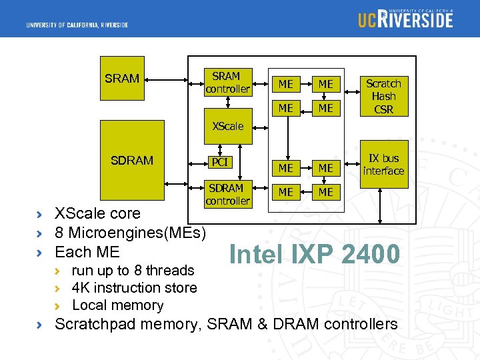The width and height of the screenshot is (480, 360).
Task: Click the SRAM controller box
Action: click(227, 83)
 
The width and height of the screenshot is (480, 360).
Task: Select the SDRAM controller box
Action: click(227, 194)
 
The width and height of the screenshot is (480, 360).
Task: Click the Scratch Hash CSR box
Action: click(383, 96)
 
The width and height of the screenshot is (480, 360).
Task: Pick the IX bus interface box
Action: click(383, 164)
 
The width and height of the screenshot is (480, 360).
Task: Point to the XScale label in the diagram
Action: click(227, 126)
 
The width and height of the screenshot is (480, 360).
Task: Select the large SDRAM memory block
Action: click(132, 160)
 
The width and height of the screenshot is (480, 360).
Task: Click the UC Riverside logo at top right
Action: click(405, 19)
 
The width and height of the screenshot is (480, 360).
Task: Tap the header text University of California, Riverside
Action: click(77, 25)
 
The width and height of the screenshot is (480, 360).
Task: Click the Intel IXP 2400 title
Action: click(314, 255)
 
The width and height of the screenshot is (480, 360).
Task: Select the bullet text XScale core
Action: click(97, 213)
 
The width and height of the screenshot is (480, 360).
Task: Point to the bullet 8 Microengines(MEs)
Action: click(130, 233)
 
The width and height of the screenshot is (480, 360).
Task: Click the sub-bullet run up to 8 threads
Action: click(133, 270)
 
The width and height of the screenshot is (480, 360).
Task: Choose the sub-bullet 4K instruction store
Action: click(134, 288)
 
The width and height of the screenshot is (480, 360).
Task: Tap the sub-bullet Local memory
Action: click(117, 305)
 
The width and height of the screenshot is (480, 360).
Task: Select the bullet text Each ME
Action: click(87, 252)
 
